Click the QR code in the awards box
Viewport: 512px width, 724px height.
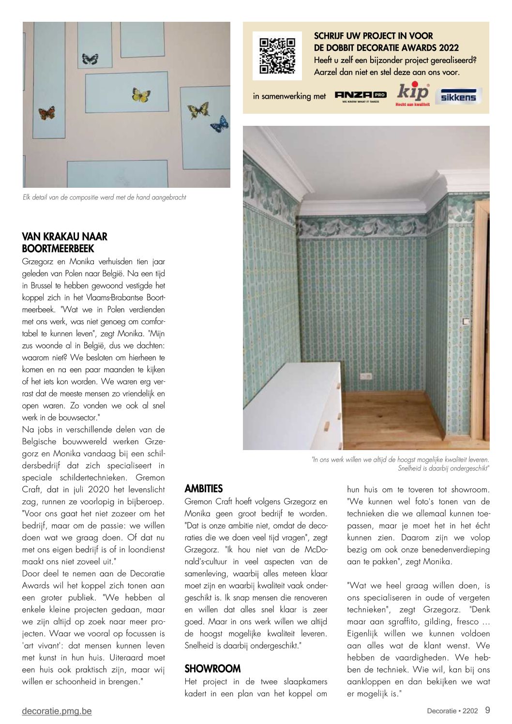[277, 56]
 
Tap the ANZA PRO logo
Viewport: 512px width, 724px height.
[361, 95]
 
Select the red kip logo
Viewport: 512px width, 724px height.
[413, 94]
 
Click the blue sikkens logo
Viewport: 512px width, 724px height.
[458, 96]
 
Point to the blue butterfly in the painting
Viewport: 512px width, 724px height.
[220, 123]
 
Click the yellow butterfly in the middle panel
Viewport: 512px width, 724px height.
[141, 95]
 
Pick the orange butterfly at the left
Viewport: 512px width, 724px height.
[47, 113]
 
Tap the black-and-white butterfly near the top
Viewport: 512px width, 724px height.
[90, 59]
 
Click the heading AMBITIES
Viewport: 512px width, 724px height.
[204, 489]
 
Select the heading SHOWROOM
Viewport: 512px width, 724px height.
[212, 669]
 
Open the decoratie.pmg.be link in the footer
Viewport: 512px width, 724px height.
[57, 711]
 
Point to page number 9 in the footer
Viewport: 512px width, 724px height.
[487, 710]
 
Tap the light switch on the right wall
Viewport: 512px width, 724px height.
[466, 321]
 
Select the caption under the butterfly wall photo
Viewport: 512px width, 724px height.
[105, 197]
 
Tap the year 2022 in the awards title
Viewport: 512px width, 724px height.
[449, 48]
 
